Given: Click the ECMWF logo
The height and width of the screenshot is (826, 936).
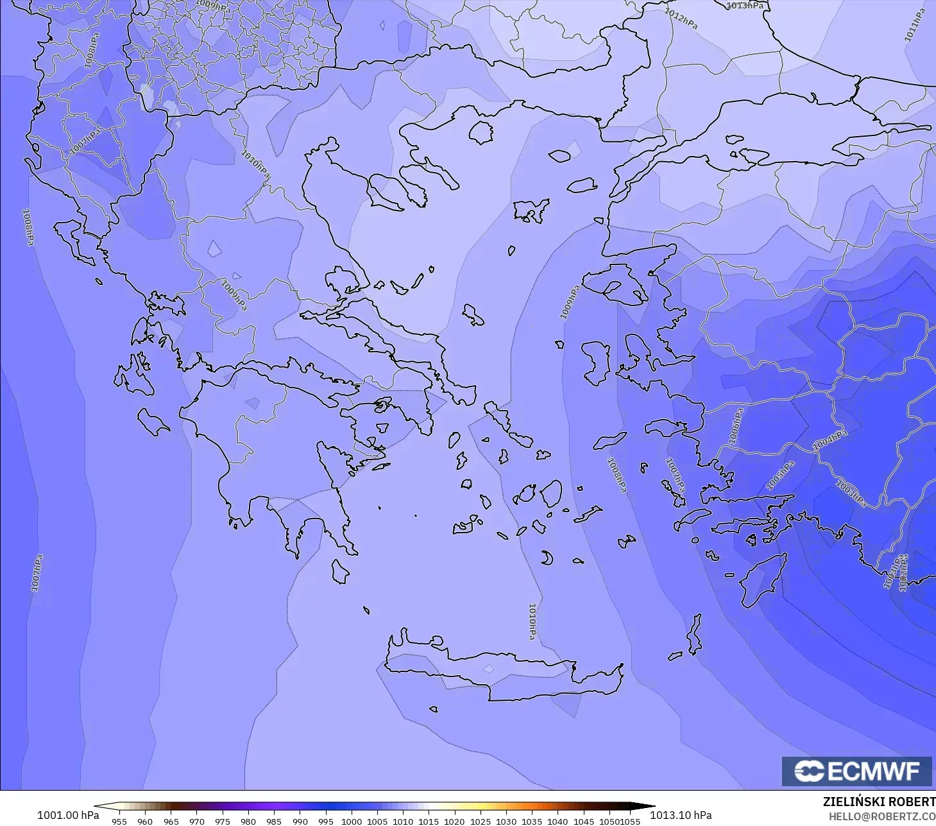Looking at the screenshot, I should (x=856, y=771).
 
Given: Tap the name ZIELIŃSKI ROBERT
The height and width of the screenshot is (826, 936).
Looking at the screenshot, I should (x=878, y=802).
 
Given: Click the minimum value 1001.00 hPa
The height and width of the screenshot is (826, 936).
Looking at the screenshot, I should (x=68, y=815).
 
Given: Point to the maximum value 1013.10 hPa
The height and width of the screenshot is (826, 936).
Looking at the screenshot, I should (x=681, y=815).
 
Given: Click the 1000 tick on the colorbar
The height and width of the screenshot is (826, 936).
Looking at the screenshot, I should (x=352, y=821).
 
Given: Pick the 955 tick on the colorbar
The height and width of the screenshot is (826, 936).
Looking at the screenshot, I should (x=119, y=821).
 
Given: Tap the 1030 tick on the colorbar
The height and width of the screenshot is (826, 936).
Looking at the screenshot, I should (x=506, y=821).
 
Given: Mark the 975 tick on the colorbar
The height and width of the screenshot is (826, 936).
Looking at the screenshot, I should (x=223, y=821).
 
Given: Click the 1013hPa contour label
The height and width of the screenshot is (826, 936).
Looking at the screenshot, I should (x=745, y=6).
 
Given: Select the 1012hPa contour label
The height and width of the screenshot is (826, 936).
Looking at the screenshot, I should (x=681, y=19).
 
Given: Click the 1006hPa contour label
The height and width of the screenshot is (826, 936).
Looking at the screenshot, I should (x=736, y=426).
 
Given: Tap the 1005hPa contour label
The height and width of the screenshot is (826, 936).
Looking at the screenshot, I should (x=780, y=475).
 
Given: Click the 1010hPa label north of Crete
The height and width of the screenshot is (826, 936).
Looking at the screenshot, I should (x=532, y=621).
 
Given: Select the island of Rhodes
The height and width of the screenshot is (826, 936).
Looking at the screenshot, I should (x=762, y=581).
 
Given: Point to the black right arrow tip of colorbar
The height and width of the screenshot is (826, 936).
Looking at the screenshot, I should (x=651, y=807).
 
